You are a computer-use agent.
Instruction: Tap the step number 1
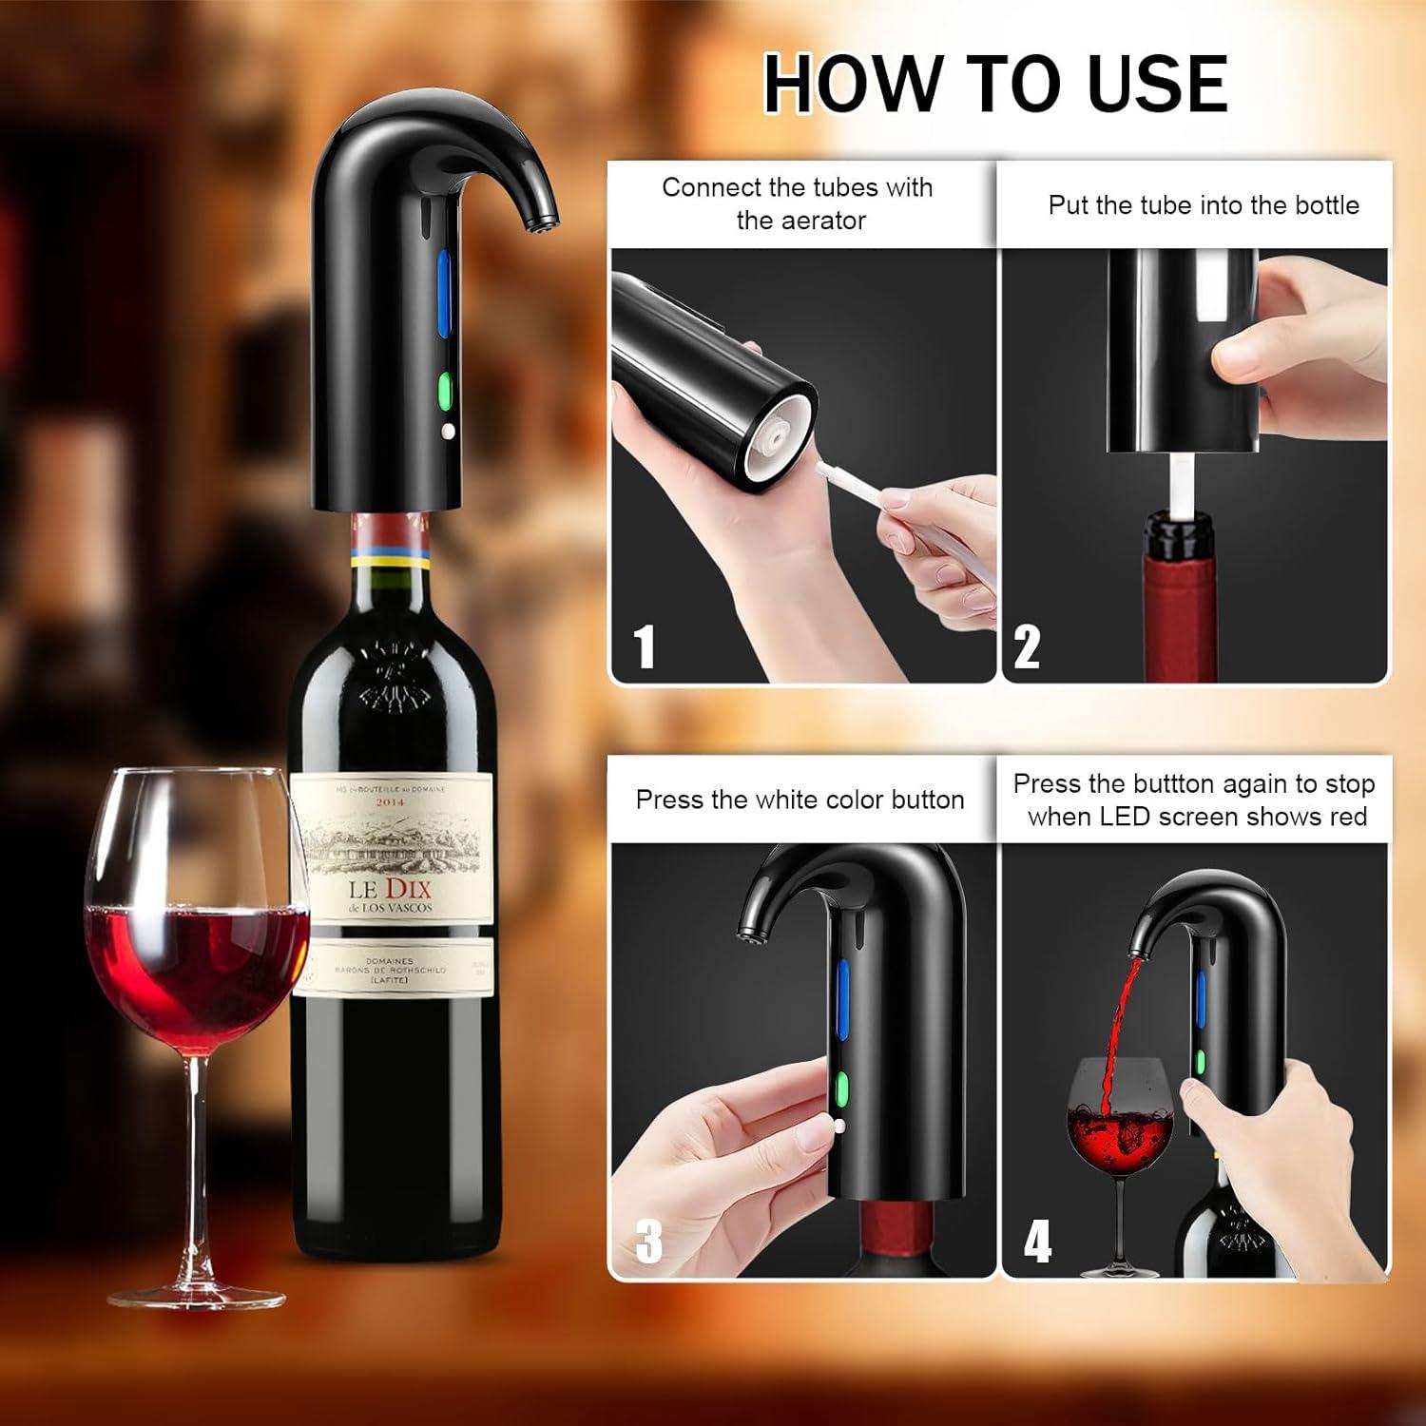pos(645,646)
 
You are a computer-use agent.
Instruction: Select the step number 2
pos(1027,646)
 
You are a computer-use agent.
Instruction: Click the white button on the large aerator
pos(447,431)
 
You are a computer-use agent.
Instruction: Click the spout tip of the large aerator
pos(540,223)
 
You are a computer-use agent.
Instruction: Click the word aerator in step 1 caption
pos(800,221)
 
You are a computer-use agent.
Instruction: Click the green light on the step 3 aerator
pos(840,1087)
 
